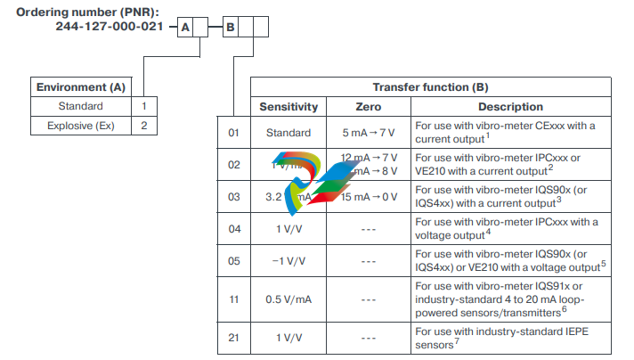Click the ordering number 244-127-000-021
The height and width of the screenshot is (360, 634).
tap(110, 28)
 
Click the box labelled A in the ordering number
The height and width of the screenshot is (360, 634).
tap(185, 28)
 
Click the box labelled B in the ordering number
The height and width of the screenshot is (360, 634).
tap(230, 28)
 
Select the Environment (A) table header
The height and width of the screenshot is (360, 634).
tap(80, 87)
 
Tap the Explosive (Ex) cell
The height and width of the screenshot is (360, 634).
tap(80, 126)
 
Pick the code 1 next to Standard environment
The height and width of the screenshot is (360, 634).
tap(143, 107)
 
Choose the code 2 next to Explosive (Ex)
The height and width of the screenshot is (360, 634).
tap(143, 126)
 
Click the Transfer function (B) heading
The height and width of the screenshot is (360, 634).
tap(430, 87)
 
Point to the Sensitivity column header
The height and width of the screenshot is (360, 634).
tap(289, 107)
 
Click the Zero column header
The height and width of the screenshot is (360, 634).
tap(368, 107)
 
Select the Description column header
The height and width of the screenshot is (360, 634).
tap(510, 107)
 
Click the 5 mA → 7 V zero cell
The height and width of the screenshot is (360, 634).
tap(368, 133)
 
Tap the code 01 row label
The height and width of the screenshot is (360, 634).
tap(234, 133)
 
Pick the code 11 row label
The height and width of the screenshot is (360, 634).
tap(234, 299)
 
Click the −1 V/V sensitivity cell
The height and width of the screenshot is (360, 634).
tap(289, 261)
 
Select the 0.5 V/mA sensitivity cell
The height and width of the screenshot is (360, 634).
tap(289, 299)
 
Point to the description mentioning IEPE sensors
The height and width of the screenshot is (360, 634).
tap(510, 338)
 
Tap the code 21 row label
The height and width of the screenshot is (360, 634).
tap(234, 338)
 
